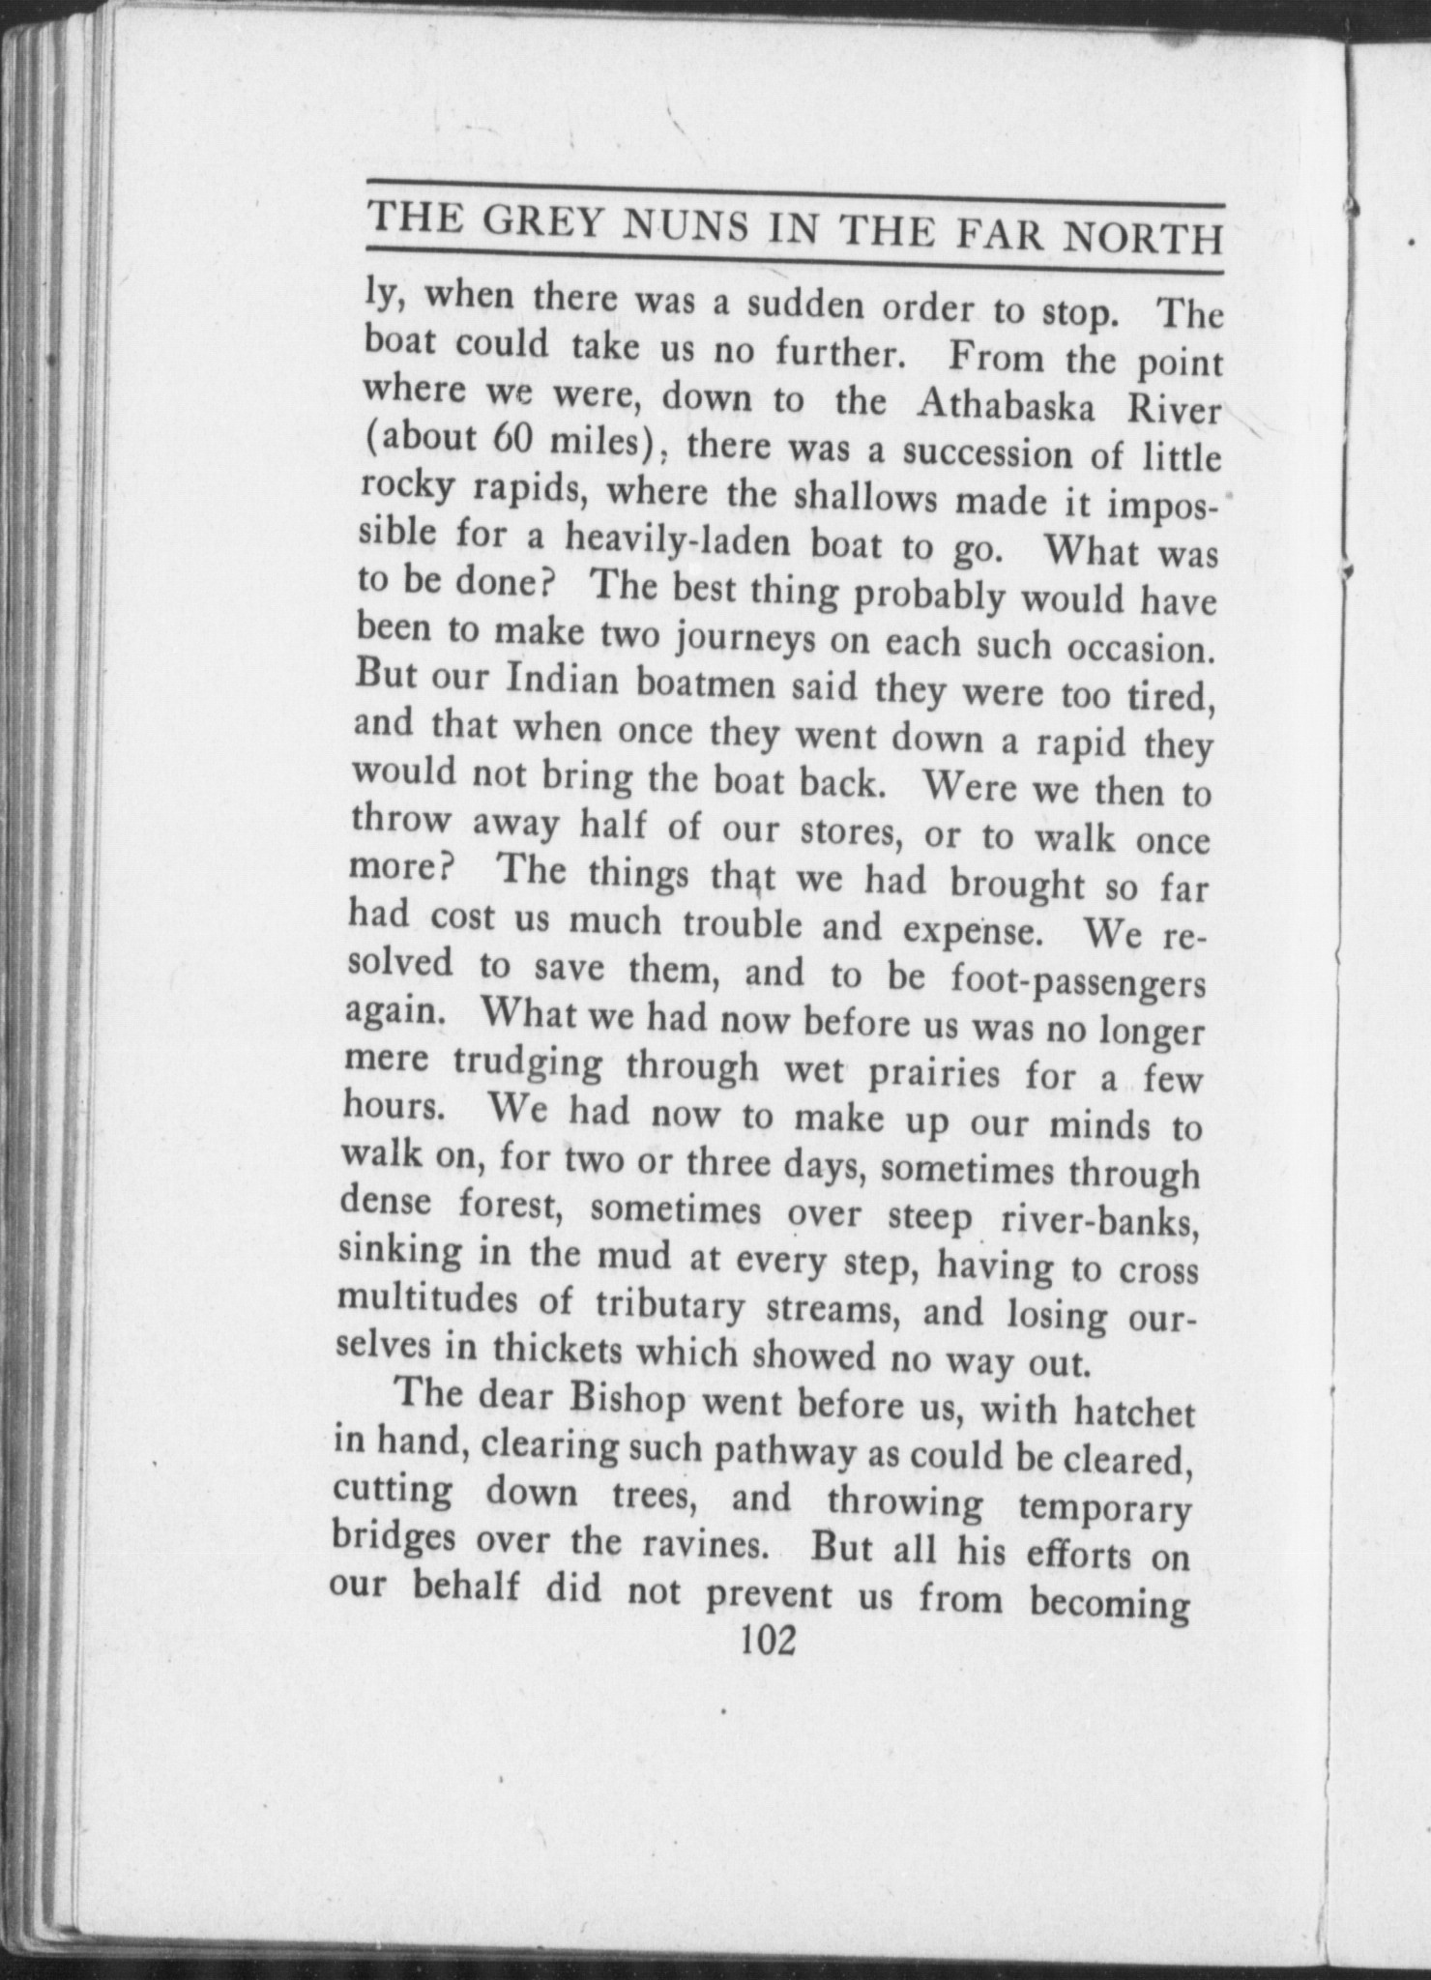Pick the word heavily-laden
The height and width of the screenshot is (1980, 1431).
coord(675,539)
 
